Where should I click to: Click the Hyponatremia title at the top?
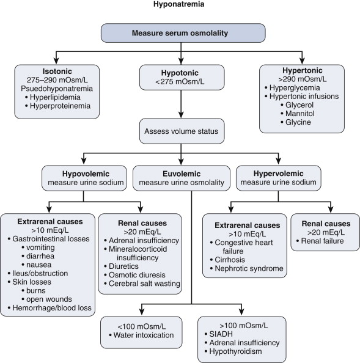(x=178, y=4)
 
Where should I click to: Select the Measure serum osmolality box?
(x=183, y=33)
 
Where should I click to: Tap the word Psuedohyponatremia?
(x=57, y=89)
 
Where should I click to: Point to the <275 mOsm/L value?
(x=180, y=82)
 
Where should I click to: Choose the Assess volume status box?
(x=182, y=131)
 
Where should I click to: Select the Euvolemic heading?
(x=182, y=174)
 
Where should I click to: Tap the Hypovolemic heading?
(x=86, y=174)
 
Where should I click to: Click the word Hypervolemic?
(x=278, y=174)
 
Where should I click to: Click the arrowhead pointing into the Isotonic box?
(x=56, y=61)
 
